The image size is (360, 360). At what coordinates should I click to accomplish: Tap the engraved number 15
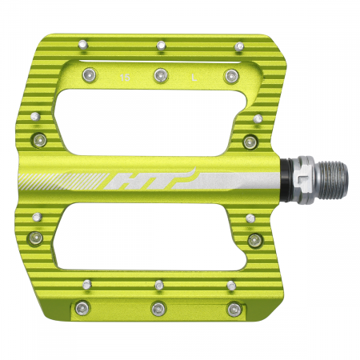click(124, 78)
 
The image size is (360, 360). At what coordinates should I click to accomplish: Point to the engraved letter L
click(196, 78)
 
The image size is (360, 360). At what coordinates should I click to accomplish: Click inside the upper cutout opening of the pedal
click(160, 120)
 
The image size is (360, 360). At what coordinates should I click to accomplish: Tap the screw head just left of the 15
click(88, 75)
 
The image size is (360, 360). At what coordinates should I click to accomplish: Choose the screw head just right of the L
click(233, 75)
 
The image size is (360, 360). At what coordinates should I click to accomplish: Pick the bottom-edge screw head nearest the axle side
click(234, 308)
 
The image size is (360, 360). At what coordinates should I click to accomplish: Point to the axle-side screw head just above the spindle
click(251, 142)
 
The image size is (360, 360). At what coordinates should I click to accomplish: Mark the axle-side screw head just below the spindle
click(254, 239)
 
